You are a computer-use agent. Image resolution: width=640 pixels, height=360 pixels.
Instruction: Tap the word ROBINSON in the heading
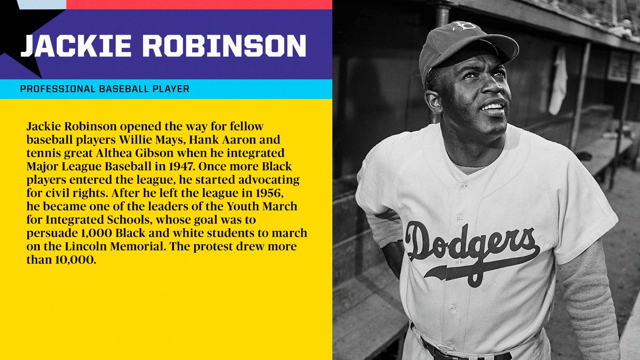click(225, 46)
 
